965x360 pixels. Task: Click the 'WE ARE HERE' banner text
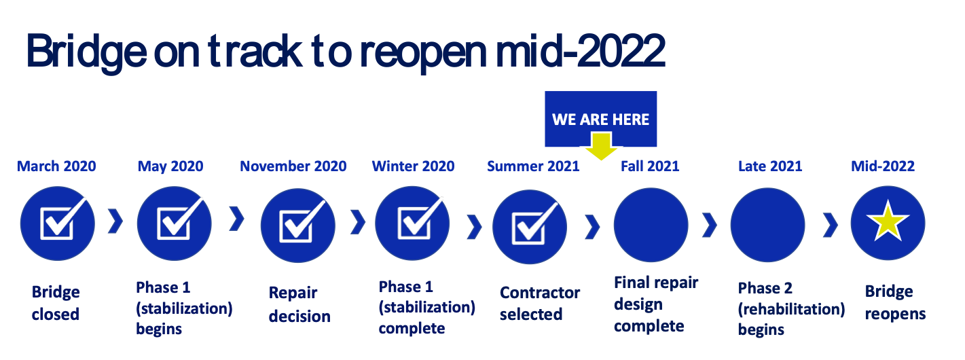tap(600, 120)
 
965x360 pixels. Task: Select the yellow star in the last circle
tap(888, 220)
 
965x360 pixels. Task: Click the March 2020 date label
tap(56, 166)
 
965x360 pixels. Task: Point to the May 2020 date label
tap(170, 166)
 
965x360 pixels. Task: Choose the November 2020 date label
tap(293, 166)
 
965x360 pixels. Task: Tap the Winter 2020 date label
tap(413, 166)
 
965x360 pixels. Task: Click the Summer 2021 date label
tap(533, 166)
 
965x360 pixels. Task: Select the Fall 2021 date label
tap(650, 166)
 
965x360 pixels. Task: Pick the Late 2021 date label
tap(770, 166)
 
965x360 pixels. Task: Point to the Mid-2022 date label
tap(883, 166)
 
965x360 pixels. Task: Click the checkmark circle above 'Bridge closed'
tap(57, 223)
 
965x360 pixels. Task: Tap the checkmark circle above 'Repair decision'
tap(297, 225)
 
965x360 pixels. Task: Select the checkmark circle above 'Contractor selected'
tap(530, 227)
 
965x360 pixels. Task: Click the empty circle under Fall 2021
tap(651, 225)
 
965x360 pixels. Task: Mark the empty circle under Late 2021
tap(767, 225)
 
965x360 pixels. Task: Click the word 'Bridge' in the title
tap(86, 52)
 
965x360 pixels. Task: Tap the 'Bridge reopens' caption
tap(895, 303)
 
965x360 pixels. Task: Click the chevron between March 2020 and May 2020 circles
tap(115, 221)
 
